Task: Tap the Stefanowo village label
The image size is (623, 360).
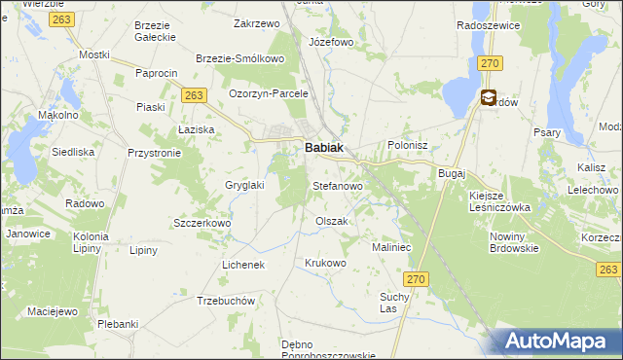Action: point(337,185)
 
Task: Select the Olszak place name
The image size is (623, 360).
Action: point(331,221)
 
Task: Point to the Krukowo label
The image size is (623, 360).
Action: point(325,263)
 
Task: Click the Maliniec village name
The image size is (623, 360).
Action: point(394,247)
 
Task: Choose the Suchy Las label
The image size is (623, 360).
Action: point(394,303)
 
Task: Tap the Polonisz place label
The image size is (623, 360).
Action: point(408,145)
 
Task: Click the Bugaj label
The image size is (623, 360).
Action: point(453,172)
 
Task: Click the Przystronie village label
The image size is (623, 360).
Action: point(155,153)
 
